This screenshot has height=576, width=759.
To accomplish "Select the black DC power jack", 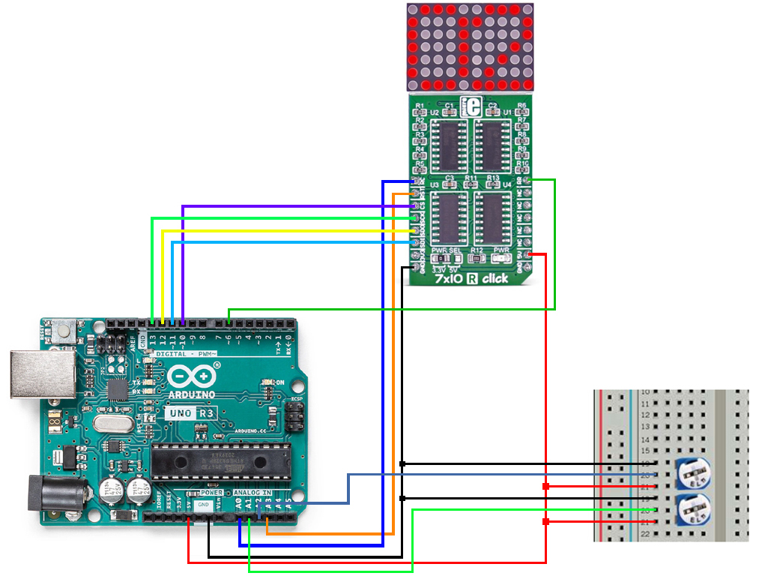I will pos(45,493).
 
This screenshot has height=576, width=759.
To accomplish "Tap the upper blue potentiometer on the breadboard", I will pos(694,474).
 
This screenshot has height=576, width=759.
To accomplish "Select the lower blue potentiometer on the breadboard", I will pos(694,511).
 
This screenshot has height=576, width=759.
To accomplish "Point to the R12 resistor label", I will pos(477,250).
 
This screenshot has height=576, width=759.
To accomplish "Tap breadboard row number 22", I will pos(645,533).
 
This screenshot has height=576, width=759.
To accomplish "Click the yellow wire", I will pos(285,230).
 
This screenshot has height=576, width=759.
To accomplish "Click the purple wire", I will pos(300,206).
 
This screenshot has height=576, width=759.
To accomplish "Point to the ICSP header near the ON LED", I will pos(295,415).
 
